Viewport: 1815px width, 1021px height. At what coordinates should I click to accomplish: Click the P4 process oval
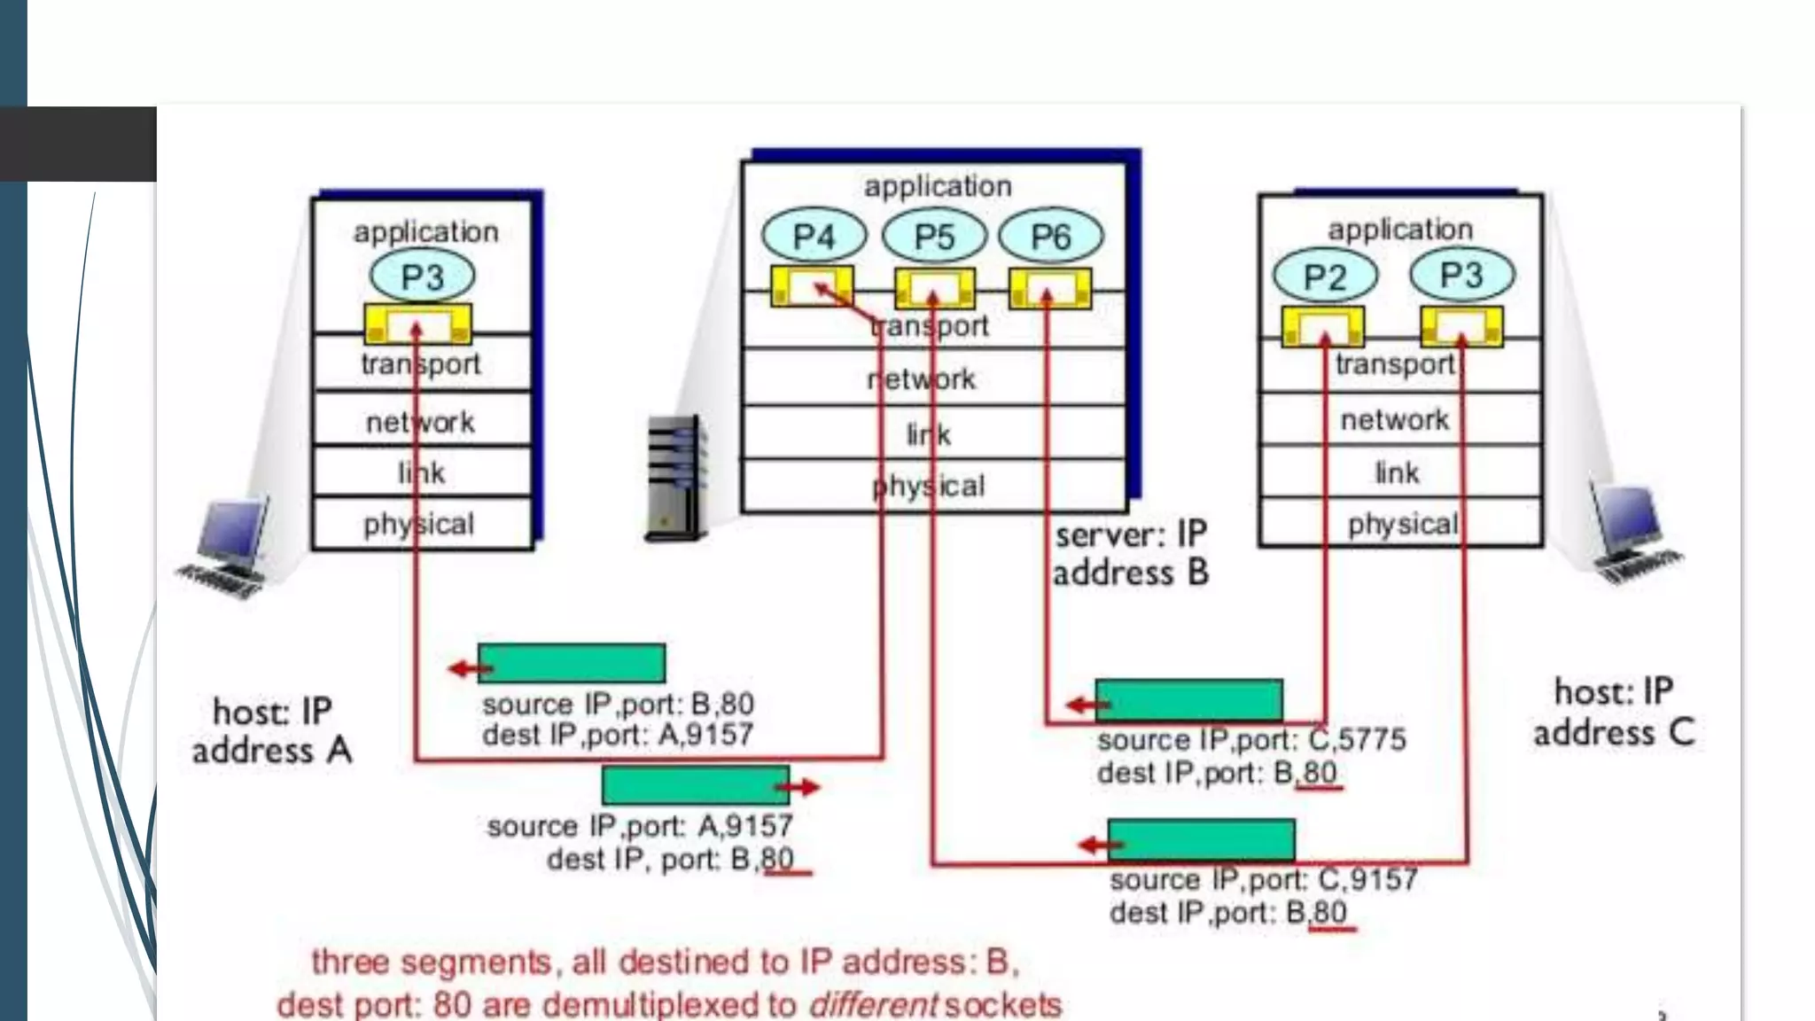tap(814, 237)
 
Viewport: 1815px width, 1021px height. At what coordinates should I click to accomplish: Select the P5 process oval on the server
tap(934, 237)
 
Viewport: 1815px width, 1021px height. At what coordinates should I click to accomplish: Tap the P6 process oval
tap(1051, 237)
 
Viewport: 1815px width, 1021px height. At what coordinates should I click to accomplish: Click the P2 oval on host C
tap(1325, 277)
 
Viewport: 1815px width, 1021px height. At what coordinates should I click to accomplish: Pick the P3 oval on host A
tap(422, 277)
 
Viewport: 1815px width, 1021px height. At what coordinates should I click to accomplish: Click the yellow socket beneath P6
tap(1050, 289)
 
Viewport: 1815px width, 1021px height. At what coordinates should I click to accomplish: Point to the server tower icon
tap(675, 478)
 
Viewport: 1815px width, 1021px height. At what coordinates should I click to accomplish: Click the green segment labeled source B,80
tap(572, 664)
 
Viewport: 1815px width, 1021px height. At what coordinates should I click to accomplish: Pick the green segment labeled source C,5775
tap(1188, 700)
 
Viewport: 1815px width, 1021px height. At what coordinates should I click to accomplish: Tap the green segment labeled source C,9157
tap(1201, 839)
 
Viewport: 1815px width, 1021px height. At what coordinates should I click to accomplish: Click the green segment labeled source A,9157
tap(695, 786)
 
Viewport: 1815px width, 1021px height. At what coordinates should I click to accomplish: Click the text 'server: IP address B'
tap(1130, 555)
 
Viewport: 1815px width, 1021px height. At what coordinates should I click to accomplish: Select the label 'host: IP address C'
tap(1613, 713)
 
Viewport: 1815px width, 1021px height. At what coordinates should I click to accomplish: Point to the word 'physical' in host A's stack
tap(419, 524)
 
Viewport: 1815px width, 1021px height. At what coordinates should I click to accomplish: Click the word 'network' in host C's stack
tap(1395, 419)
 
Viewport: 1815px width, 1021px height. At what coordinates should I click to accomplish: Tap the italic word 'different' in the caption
tap(872, 1004)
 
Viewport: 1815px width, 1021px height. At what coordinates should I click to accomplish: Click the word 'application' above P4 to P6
tap(938, 186)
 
